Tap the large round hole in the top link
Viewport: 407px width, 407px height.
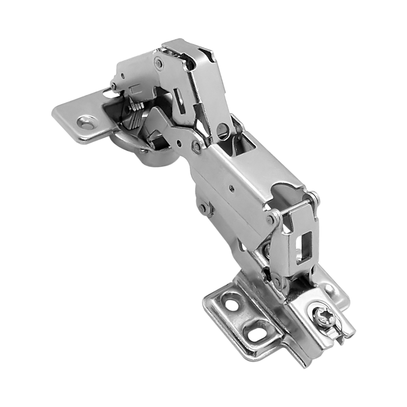223,130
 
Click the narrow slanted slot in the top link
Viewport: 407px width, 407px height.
179,97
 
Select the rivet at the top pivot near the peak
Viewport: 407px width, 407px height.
159,63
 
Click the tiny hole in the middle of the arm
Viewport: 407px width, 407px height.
232,188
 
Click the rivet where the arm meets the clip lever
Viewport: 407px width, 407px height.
270,220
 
